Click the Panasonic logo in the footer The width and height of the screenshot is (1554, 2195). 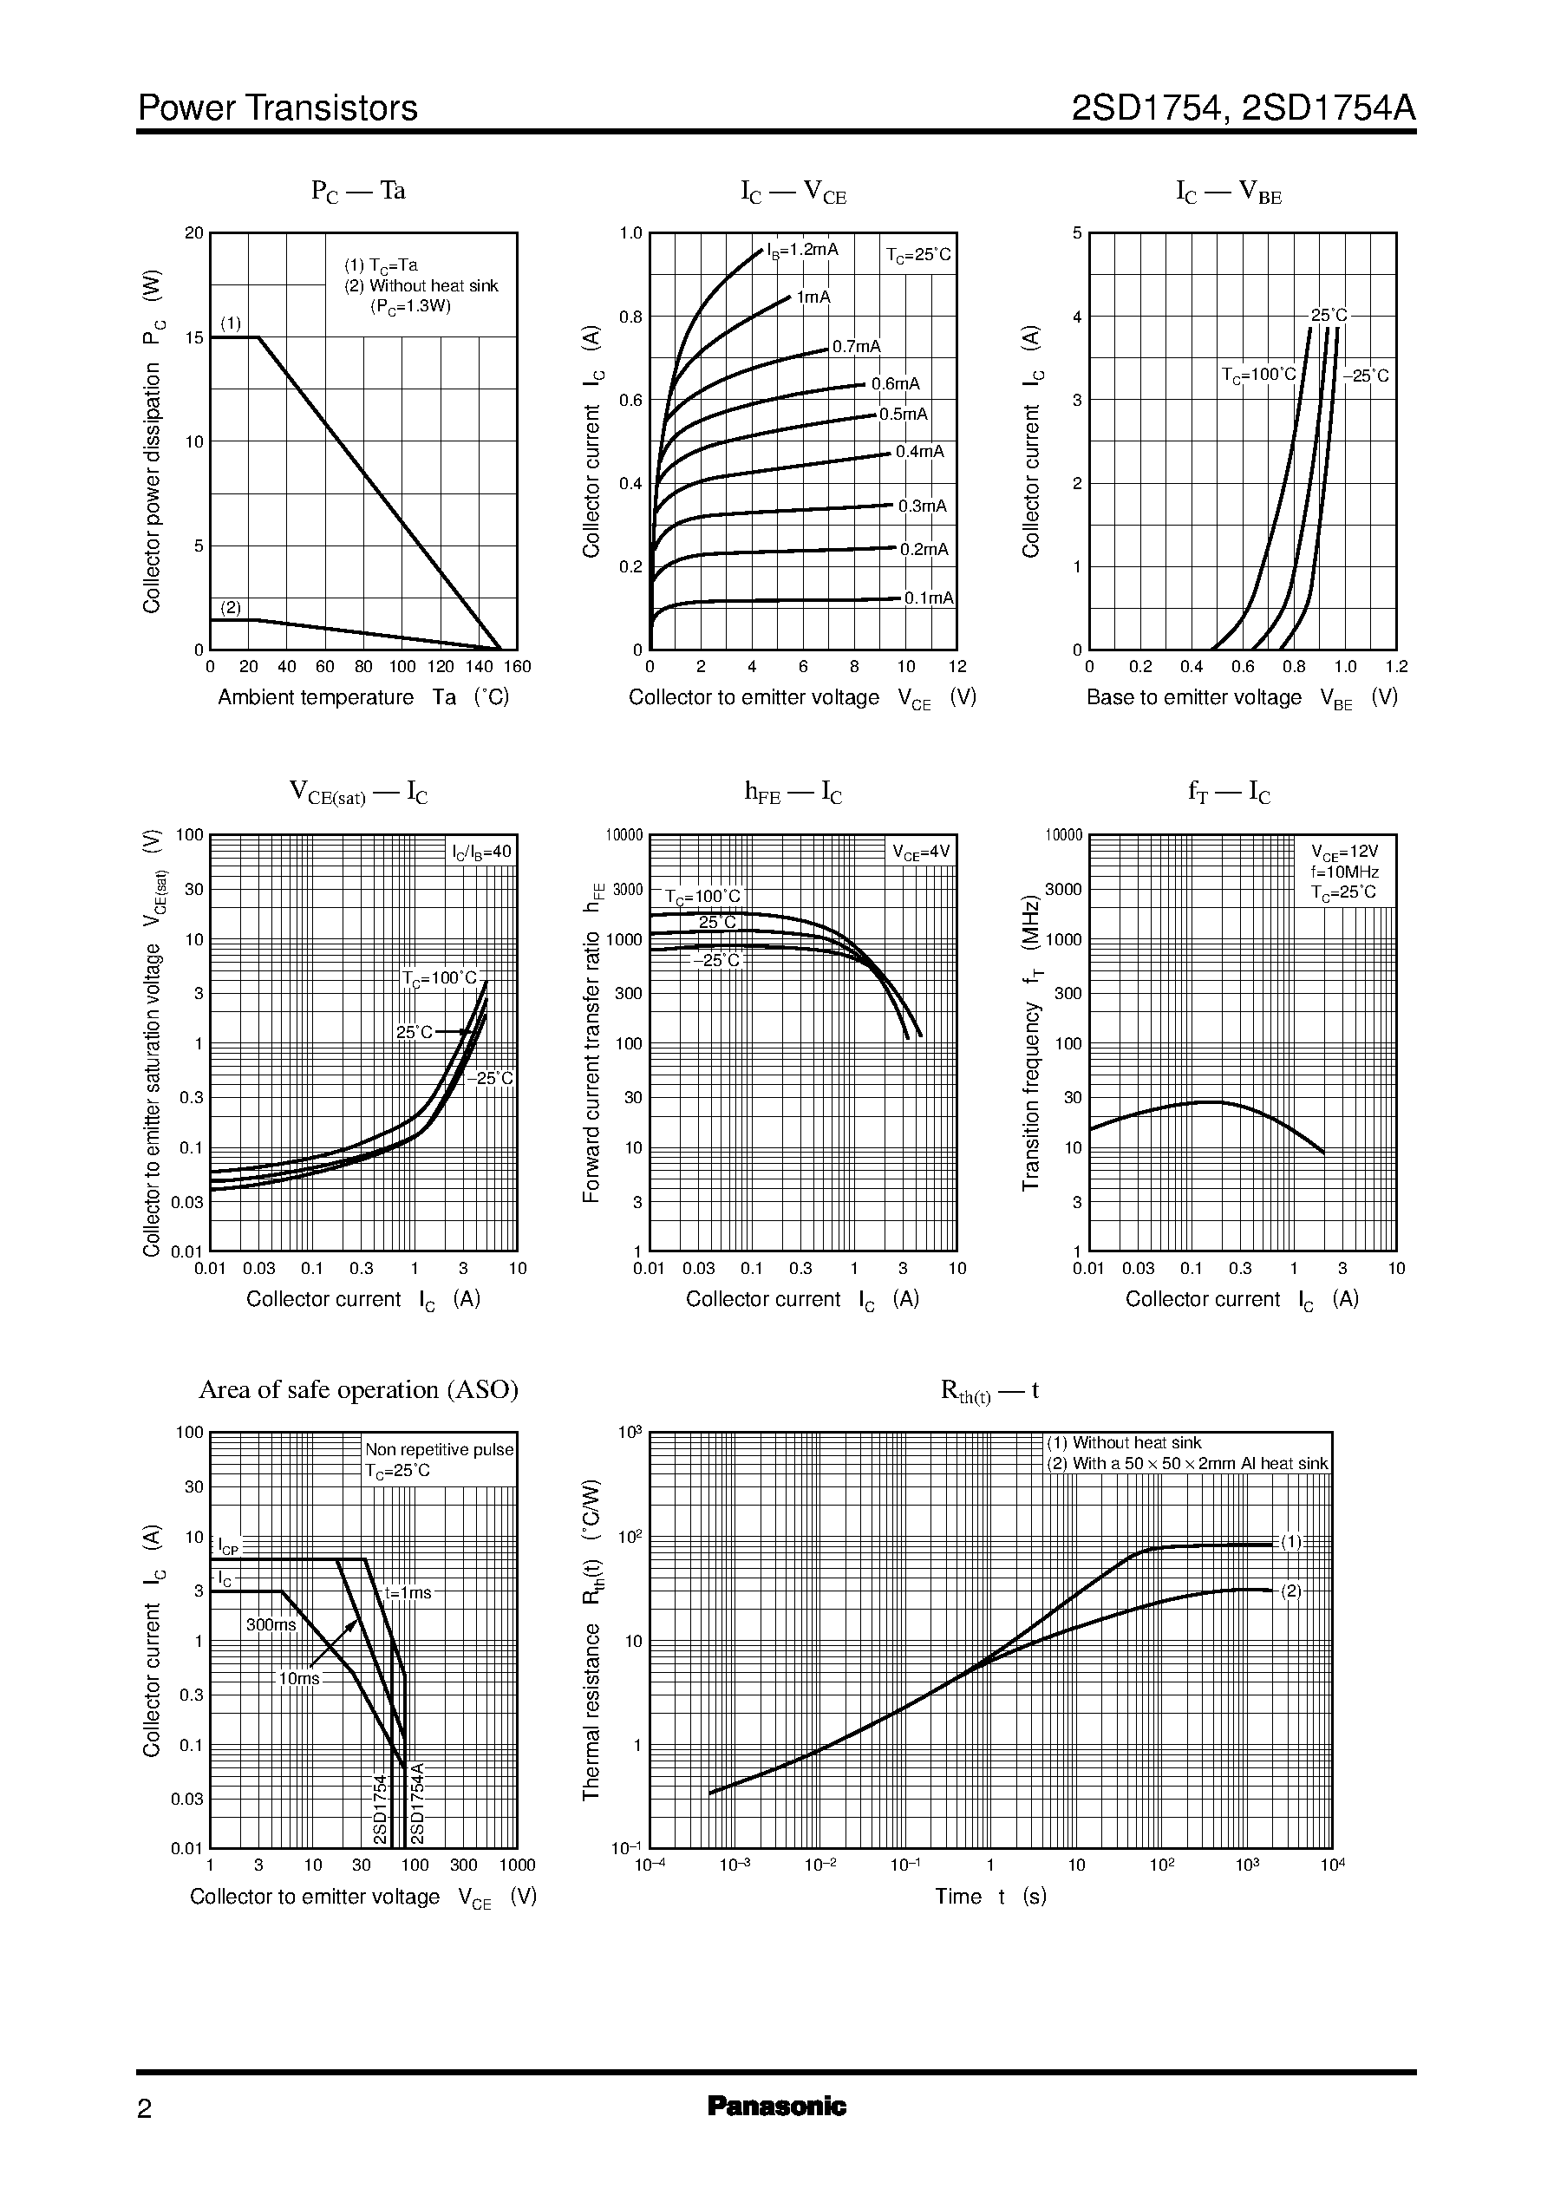click(x=776, y=2105)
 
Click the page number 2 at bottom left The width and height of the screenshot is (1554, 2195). click(x=145, y=2109)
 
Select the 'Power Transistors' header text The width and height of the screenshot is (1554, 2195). click(x=277, y=108)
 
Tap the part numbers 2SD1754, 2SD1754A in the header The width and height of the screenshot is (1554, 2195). click(x=1243, y=108)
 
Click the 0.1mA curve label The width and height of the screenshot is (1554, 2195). click(x=928, y=598)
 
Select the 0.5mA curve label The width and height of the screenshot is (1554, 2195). click(x=904, y=415)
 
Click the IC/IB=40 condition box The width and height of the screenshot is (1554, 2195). click(x=482, y=851)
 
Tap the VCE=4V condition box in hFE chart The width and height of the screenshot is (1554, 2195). click(x=921, y=852)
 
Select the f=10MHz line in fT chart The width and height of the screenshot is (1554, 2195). click(x=1344, y=872)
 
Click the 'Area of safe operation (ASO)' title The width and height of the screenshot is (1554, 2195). click(x=358, y=1389)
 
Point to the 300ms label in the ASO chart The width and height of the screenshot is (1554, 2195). click(x=271, y=1624)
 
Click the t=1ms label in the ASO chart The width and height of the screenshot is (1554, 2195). click(x=408, y=1593)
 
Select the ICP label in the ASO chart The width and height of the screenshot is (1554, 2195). click(x=228, y=1546)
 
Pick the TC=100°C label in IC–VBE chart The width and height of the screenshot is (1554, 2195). click(x=1257, y=375)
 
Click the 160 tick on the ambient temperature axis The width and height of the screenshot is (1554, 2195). click(x=518, y=667)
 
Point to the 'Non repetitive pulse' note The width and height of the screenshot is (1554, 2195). click(x=439, y=1450)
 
